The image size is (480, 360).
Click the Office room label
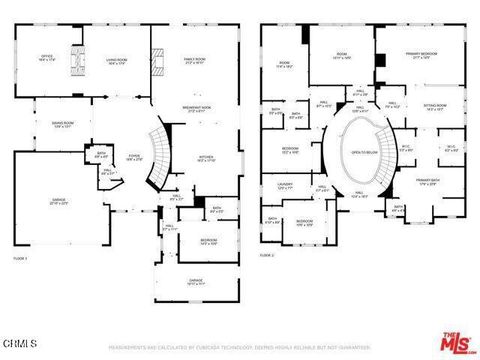pos(46,59)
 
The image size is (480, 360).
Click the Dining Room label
pos(63,124)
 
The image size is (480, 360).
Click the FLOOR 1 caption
pos(20,257)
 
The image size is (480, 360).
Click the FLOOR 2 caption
pos(267,256)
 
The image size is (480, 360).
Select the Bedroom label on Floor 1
pos(207,241)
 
